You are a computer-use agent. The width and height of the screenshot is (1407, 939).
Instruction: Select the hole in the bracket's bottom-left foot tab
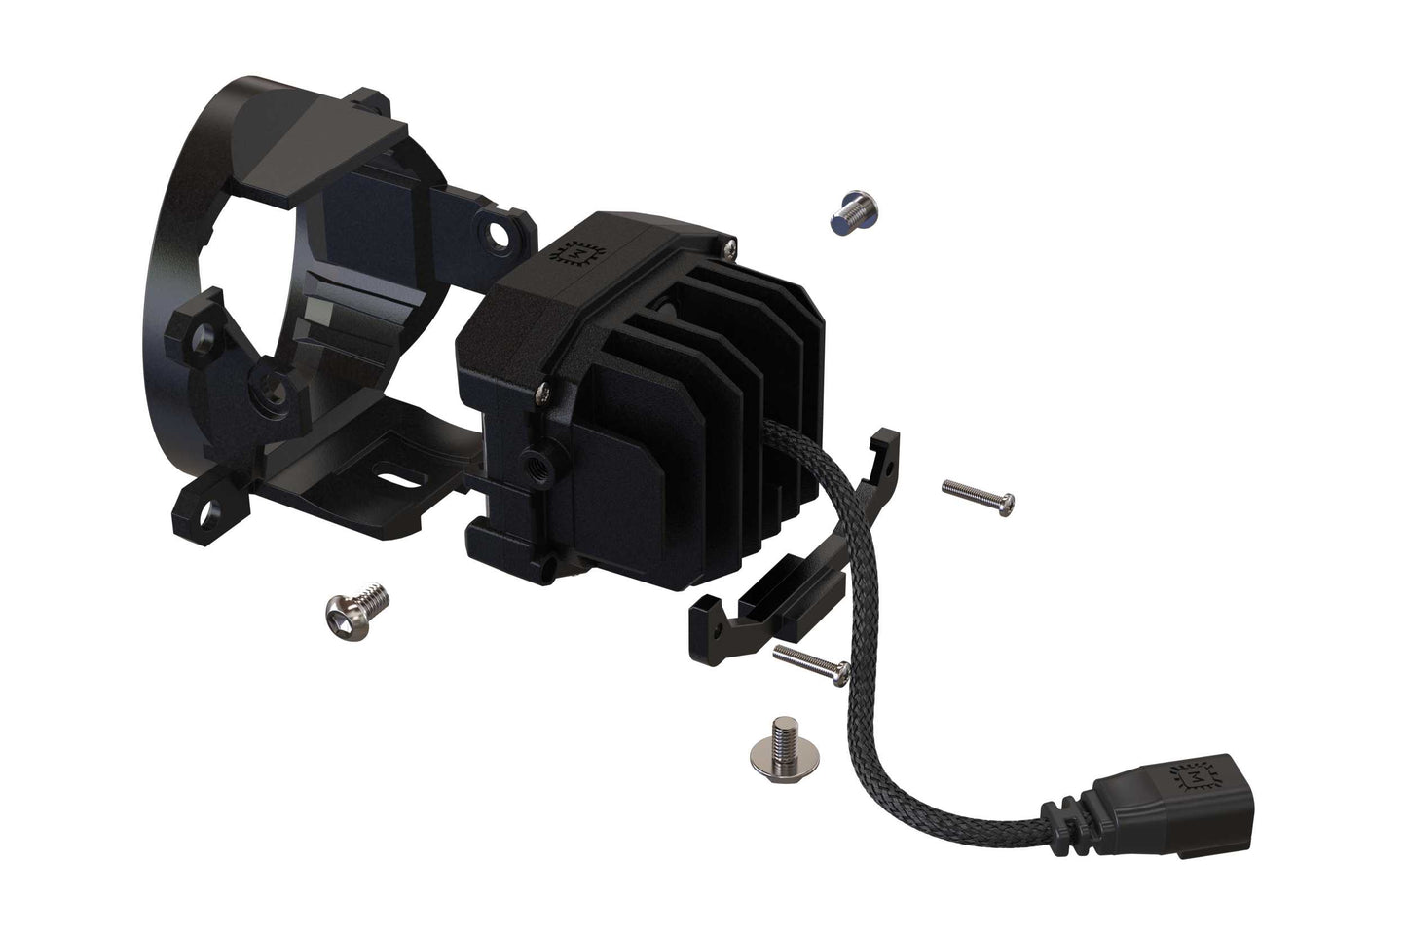coord(210,507)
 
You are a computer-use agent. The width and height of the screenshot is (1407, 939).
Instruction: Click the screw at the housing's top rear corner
coord(724,241)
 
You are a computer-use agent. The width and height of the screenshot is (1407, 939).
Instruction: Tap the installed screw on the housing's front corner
coord(540,393)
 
